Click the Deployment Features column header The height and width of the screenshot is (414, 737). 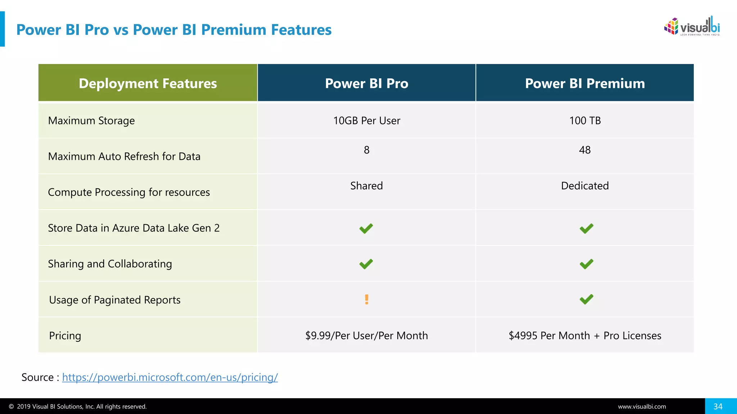148,83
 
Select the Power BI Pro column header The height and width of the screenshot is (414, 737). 366,83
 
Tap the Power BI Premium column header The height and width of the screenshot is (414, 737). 585,83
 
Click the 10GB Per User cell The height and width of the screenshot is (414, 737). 366,121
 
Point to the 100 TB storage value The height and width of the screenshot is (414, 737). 585,121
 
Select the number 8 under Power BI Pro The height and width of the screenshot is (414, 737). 366,150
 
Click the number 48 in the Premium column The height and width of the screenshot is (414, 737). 585,150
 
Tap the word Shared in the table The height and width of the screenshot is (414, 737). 366,186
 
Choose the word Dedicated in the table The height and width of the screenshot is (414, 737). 585,186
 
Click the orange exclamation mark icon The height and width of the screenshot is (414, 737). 366,299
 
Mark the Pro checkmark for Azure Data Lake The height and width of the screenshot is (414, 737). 366,229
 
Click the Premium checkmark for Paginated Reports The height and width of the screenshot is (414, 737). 586,299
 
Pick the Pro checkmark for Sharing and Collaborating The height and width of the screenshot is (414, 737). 366,264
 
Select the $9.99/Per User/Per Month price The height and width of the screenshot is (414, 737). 366,336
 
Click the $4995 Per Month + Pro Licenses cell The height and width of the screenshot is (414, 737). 585,336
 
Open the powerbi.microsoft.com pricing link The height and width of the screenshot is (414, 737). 170,377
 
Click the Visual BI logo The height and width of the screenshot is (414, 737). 692,26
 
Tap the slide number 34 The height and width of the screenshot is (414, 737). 718,406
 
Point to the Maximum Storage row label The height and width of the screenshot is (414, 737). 91,121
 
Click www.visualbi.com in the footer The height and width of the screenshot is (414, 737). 642,407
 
